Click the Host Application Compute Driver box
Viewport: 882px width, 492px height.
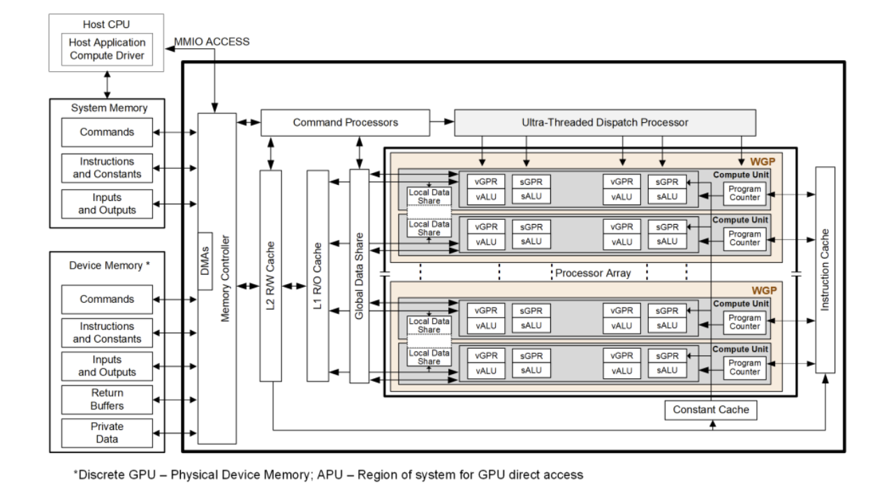pos(107,49)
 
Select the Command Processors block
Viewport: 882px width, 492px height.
pos(345,123)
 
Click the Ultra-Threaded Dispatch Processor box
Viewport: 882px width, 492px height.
pos(605,123)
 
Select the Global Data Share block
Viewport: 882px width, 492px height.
pos(359,275)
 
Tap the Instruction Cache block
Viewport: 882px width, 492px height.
pos(825,269)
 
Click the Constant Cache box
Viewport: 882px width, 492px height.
pos(710,410)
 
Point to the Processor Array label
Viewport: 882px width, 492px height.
pos(592,273)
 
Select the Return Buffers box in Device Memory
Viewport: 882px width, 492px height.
pos(107,399)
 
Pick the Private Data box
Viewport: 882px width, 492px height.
pos(107,432)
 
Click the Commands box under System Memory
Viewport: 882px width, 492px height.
pos(107,132)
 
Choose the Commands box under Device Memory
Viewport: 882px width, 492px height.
pos(107,299)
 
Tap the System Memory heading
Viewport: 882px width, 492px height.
pos(110,107)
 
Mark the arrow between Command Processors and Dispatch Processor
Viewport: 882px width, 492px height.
pos(442,123)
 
